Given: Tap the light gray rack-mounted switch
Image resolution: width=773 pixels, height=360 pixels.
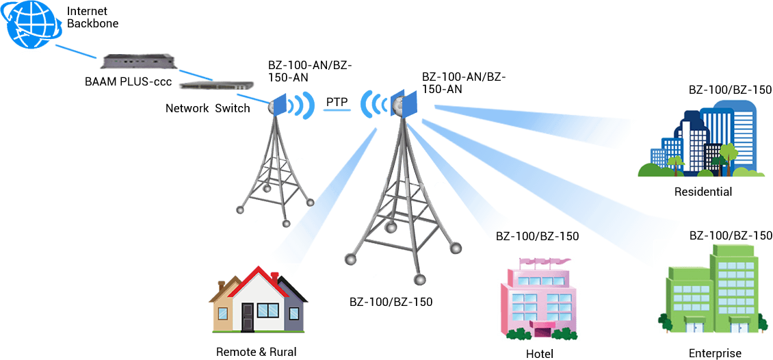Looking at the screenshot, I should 218,85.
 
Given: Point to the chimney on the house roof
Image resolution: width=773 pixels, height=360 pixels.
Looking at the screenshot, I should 274,279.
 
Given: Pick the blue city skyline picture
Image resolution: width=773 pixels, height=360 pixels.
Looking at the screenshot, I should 701,140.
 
